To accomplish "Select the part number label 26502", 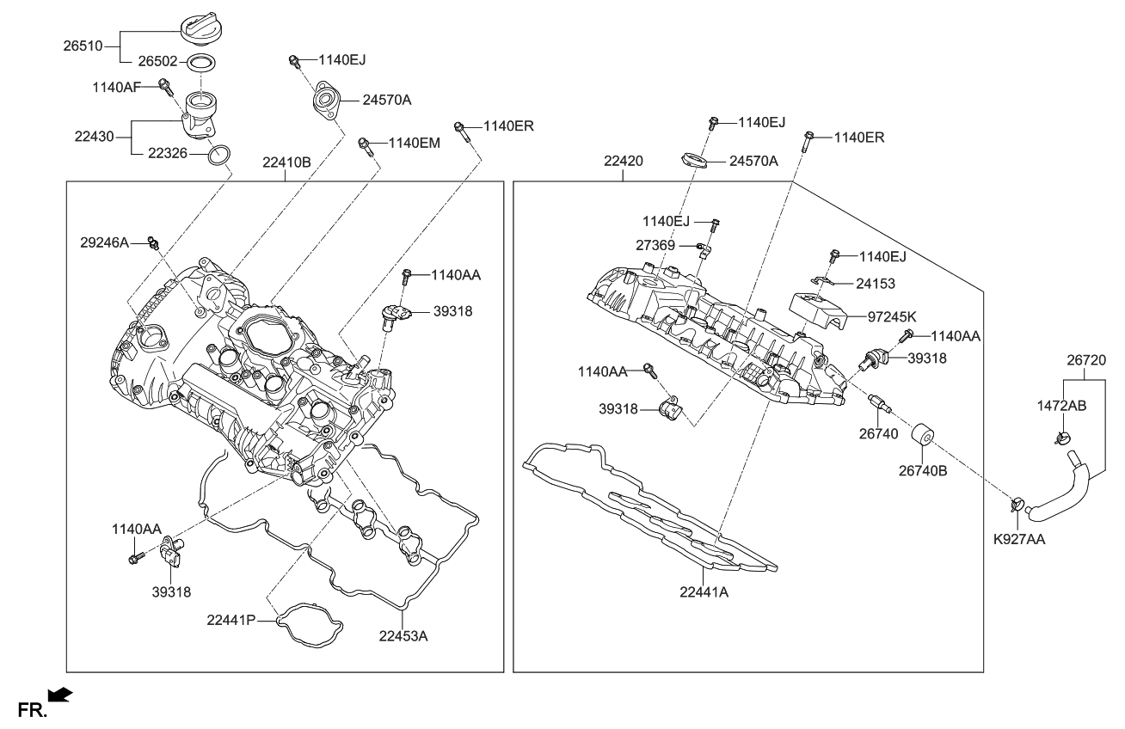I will pos(157,62).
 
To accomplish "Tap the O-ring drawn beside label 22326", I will pos(220,156).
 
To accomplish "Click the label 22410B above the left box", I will pos(286,162).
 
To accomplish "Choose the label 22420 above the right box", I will pos(624,161).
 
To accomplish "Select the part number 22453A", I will pos(403,636).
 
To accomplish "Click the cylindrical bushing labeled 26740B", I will pos(924,434).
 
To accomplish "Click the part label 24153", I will pos(875,283).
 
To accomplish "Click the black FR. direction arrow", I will pos(60,693).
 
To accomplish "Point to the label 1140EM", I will pos(414,143).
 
